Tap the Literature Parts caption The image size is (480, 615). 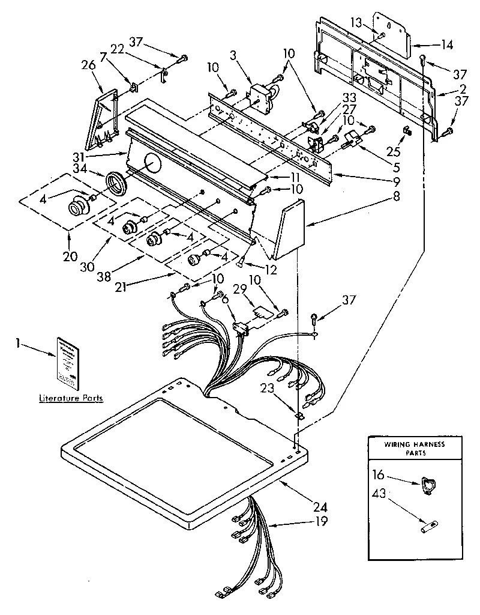(71, 398)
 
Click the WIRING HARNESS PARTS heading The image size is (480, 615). (414, 449)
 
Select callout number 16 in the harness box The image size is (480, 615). (377, 474)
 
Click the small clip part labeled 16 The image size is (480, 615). (426, 485)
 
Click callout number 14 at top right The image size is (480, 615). (447, 44)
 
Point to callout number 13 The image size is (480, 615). (356, 22)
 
